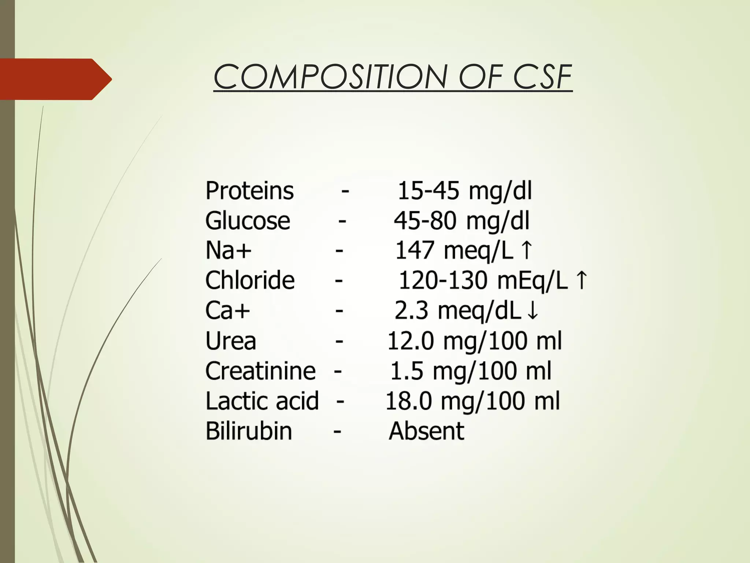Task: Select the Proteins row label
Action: pos(249,191)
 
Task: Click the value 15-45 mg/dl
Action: pos(464,191)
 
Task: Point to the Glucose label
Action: pos(248,221)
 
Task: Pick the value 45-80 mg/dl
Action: pos(461,221)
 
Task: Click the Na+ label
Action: pos(229,251)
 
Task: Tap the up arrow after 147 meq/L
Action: pos(526,250)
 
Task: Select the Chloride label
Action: pos(250,281)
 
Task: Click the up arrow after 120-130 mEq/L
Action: pos(581,280)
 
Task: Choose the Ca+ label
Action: pos(227,311)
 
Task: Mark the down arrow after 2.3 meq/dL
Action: pos(532,311)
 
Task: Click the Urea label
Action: pos(231,341)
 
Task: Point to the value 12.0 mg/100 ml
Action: pos(474,341)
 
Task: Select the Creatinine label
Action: pos(260,371)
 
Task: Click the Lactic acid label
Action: pos(262,401)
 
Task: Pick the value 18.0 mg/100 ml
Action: pos(473,401)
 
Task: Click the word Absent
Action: pos(427,431)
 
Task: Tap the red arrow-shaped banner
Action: pos(55,79)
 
